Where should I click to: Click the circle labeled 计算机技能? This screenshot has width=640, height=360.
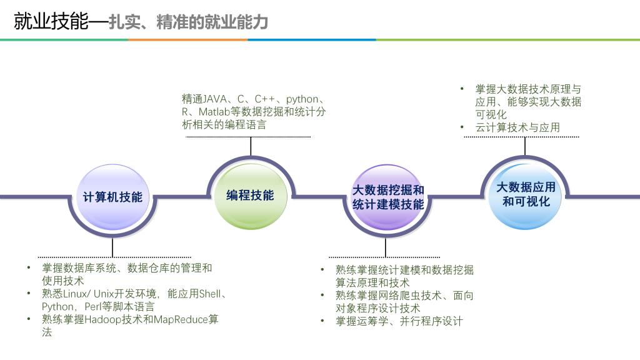pyautogui.click(x=112, y=197)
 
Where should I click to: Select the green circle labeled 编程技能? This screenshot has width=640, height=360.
pyautogui.click(x=250, y=196)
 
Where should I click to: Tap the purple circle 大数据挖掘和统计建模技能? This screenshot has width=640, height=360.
pyautogui.click(x=387, y=197)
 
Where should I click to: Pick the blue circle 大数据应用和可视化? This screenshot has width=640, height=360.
pyautogui.click(x=525, y=196)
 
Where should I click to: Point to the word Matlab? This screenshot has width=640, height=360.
pyautogui.click(x=214, y=112)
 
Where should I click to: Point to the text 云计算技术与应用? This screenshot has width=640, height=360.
pyautogui.click(x=517, y=127)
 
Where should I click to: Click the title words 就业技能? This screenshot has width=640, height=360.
pyautogui.click(x=51, y=21)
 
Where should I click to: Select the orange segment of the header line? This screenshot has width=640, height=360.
pyautogui.click(x=188, y=39)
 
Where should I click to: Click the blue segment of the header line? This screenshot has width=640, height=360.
pyautogui.click(x=312, y=39)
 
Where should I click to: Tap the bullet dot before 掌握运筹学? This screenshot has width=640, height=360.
pyautogui.click(x=322, y=321)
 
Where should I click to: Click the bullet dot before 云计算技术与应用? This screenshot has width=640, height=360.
pyautogui.click(x=462, y=127)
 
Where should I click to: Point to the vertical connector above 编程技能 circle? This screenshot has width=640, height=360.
pyautogui.click(x=251, y=146)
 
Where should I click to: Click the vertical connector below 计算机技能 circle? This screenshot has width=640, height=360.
pyautogui.click(x=112, y=247)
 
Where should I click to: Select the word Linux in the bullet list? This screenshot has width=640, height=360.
pyautogui.click(x=76, y=294)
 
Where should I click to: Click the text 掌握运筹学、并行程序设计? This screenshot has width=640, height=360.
pyautogui.click(x=399, y=321)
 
